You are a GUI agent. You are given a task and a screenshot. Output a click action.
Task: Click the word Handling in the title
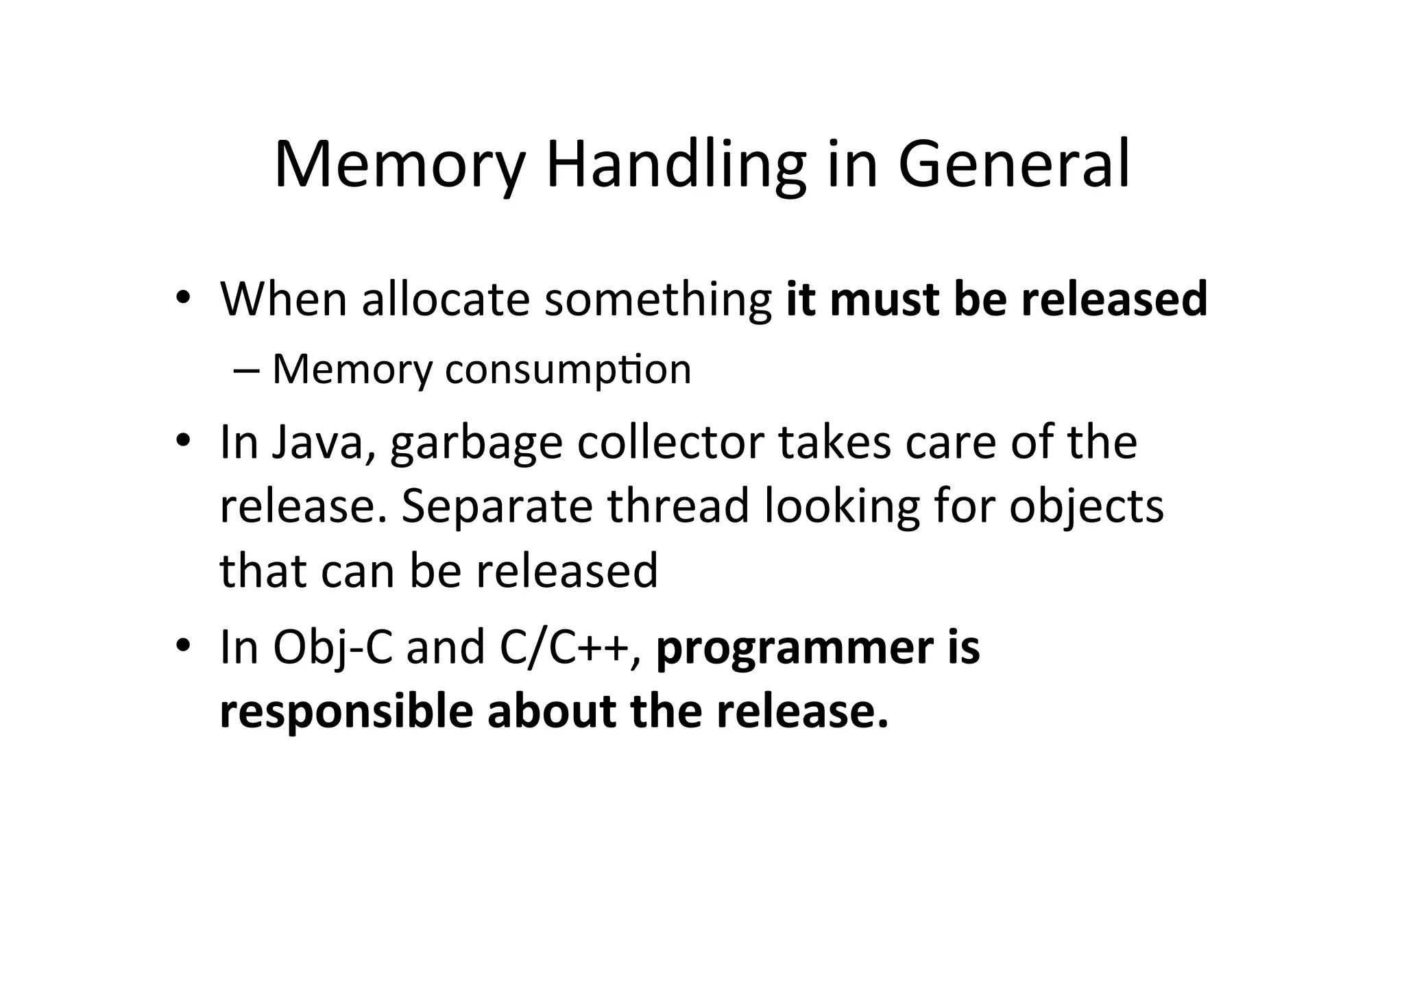[x=675, y=166]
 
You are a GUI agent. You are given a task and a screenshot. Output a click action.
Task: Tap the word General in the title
[x=1014, y=165]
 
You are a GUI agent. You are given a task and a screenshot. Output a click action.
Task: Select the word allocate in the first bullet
[x=446, y=300]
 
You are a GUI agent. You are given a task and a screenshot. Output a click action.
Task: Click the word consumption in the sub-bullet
[x=568, y=370]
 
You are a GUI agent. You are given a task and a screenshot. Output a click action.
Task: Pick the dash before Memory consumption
[x=244, y=371]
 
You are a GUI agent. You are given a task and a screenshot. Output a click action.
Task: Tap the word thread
[x=679, y=506]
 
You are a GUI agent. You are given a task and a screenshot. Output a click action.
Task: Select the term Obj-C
[x=332, y=648]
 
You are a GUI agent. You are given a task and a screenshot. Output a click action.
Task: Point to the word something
[x=658, y=301]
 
